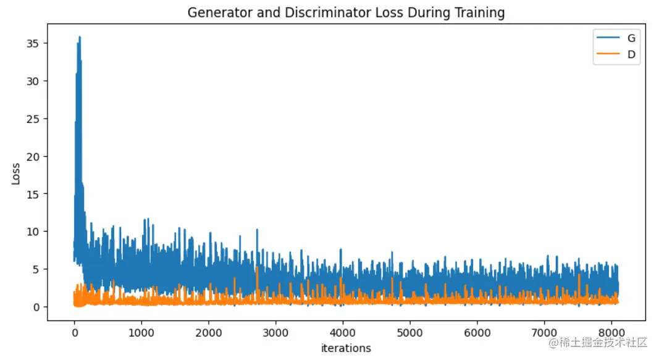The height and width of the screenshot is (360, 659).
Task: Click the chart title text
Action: [346, 12]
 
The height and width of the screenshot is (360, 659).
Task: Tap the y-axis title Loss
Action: [16, 174]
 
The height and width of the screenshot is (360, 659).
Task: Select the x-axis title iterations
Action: [346, 348]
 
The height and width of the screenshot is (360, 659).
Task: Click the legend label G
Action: [631, 38]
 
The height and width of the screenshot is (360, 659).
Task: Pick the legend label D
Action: [631, 55]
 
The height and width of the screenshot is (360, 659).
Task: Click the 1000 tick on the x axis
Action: [141, 333]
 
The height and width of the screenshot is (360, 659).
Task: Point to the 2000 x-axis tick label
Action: [209, 333]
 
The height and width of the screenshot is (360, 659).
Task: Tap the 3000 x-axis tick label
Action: [275, 333]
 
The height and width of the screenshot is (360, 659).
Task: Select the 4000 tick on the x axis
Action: [343, 333]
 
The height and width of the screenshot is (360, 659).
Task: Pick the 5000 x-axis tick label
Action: [410, 333]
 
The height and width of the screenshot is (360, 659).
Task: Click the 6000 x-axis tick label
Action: [477, 333]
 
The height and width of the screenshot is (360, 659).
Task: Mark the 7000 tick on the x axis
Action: [544, 333]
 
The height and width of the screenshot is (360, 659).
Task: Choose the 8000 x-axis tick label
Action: [611, 333]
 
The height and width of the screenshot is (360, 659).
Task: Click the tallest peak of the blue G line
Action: [80, 37]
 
